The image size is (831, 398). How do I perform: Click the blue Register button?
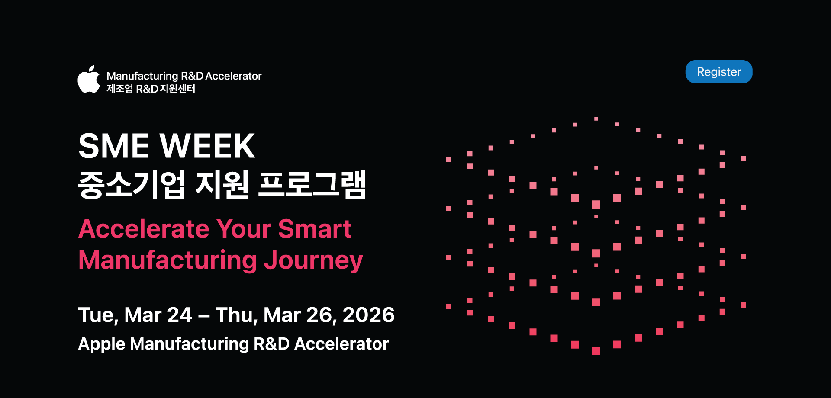point(719,72)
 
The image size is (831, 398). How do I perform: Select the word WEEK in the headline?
point(208,146)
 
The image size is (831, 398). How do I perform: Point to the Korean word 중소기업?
point(132,185)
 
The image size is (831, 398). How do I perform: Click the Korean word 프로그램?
point(312,185)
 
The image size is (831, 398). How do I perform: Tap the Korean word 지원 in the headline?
point(222,185)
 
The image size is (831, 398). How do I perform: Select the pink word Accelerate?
point(144,229)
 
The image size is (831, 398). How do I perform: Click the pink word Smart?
point(315,229)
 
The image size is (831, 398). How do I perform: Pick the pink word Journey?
point(313,261)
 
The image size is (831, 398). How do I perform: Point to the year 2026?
point(368,315)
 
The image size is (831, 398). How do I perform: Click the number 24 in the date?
point(180,315)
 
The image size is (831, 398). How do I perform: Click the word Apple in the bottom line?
point(102,344)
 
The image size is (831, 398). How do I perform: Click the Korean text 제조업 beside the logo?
point(119,89)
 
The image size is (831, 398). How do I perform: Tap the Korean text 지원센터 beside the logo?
point(177,89)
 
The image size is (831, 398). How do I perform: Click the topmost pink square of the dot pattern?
point(596,119)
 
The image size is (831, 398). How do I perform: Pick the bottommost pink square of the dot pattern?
point(596,351)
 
